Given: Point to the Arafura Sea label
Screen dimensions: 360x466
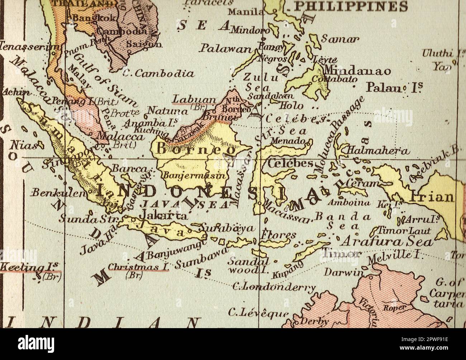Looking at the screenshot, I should click(x=386, y=242).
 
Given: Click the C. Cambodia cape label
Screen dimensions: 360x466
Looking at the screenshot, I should click(x=158, y=74).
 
